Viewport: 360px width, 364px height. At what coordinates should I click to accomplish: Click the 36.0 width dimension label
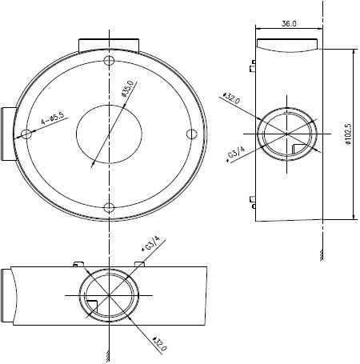click(x=289, y=23)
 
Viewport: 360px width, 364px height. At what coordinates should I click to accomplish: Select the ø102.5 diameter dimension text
click(x=348, y=134)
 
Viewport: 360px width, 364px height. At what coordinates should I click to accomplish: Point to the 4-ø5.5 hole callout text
click(x=53, y=118)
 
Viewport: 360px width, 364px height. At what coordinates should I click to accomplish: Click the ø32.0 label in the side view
click(x=231, y=98)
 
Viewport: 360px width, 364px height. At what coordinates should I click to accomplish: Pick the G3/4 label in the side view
click(x=235, y=154)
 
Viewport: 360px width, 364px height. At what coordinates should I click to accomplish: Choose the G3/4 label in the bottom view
click(x=150, y=244)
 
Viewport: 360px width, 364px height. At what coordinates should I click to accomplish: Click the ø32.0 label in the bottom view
click(x=159, y=344)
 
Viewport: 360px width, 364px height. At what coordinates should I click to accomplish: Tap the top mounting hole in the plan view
click(x=109, y=61)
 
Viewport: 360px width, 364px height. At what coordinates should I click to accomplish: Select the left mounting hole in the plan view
click(x=26, y=134)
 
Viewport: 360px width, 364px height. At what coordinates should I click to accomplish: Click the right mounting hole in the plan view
click(x=191, y=134)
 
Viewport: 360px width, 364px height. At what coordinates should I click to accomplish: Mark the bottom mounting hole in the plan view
click(x=109, y=208)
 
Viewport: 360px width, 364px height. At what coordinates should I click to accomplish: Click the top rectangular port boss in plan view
click(x=109, y=45)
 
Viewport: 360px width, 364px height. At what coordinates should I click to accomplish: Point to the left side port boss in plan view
click(x=8, y=134)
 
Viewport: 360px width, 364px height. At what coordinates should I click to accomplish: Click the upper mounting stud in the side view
click(x=253, y=66)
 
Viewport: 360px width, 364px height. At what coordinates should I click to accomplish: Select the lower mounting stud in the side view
click(x=253, y=202)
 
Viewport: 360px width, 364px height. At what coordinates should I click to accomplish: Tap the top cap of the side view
click(x=287, y=46)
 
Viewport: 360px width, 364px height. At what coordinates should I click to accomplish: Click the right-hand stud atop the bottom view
click(x=140, y=264)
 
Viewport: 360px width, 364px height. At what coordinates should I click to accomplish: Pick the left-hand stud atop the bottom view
click(x=78, y=264)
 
